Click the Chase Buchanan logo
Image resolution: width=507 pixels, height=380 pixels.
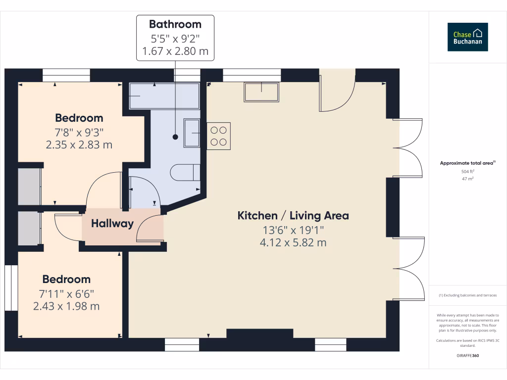point(468,37)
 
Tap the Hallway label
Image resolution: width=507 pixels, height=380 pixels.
point(112,224)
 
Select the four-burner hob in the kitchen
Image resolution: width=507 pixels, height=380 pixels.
point(218,137)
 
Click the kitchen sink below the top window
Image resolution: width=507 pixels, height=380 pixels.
point(261,92)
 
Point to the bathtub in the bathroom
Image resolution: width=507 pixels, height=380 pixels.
point(164,96)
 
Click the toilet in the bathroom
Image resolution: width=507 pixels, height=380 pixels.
point(184,173)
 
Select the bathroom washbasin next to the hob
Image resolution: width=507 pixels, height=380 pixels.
point(192,133)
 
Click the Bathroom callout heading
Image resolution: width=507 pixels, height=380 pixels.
point(175,24)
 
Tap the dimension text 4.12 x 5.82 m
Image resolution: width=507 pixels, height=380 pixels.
point(293,242)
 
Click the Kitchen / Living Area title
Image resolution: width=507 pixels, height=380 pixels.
point(293,216)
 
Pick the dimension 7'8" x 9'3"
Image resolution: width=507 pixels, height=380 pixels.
point(79,132)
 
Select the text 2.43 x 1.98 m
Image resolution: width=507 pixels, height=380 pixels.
point(66,306)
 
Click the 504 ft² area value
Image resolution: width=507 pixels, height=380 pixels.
point(468,172)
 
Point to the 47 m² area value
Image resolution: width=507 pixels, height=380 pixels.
point(468,179)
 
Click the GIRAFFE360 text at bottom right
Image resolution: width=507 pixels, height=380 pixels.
point(468,355)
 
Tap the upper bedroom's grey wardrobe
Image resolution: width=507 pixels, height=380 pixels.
point(29,187)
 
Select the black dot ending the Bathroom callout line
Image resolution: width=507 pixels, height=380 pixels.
point(175,137)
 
